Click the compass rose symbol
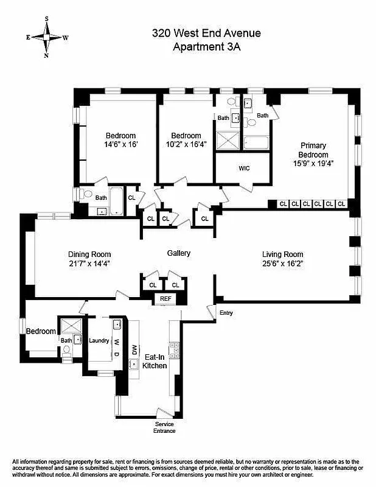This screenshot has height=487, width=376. tap(47, 37)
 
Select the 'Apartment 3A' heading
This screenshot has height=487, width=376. tap(207, 47)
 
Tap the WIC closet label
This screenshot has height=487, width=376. tap(245, 168)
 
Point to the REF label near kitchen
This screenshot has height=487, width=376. tap(165, 298)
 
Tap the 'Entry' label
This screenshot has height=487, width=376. tap(226, 313)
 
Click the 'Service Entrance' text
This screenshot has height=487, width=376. tap(165, 427)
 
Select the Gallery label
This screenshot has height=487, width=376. tap(179, 253)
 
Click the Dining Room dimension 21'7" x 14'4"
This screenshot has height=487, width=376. tap(89, 264)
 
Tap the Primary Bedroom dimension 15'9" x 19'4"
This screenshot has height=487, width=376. tap(313, 163)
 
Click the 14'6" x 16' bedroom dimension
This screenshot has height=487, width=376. tap(120, 145)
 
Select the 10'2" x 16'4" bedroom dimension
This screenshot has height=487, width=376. tap(186, 145)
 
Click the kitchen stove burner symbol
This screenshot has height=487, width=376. tap(174, 349)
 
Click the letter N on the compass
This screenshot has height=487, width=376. tap(46, 55)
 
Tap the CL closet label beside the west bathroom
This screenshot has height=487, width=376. tap(131, 197)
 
